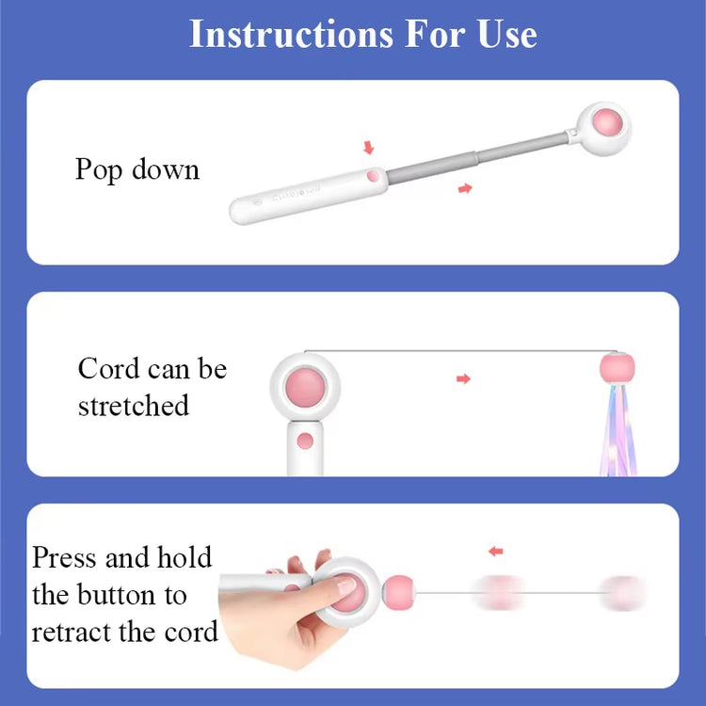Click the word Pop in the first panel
click(99, 170)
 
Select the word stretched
click(134, 406)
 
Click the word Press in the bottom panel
click(65, 557)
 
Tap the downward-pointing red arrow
click(368, 148)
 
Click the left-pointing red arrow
click(495, 551)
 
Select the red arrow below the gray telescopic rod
click(464, 189)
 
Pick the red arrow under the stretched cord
click(462, 378)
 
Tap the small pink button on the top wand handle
click(373, 175)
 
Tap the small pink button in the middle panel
click(304, 441)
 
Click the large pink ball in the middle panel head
click(305, 386)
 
